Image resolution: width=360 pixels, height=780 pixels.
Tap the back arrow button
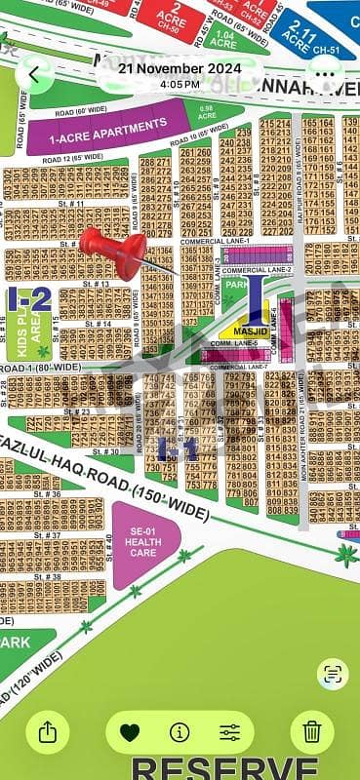[35, 73]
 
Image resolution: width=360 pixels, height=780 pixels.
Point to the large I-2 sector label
[28, 299]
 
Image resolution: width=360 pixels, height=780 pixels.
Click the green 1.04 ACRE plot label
[223, 40]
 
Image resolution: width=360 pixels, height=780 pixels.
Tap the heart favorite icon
[130, 731]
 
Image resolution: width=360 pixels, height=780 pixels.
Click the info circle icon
[180, 731]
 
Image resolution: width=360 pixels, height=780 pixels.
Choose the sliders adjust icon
[230, 731]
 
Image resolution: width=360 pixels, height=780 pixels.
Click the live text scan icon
[333, 674]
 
